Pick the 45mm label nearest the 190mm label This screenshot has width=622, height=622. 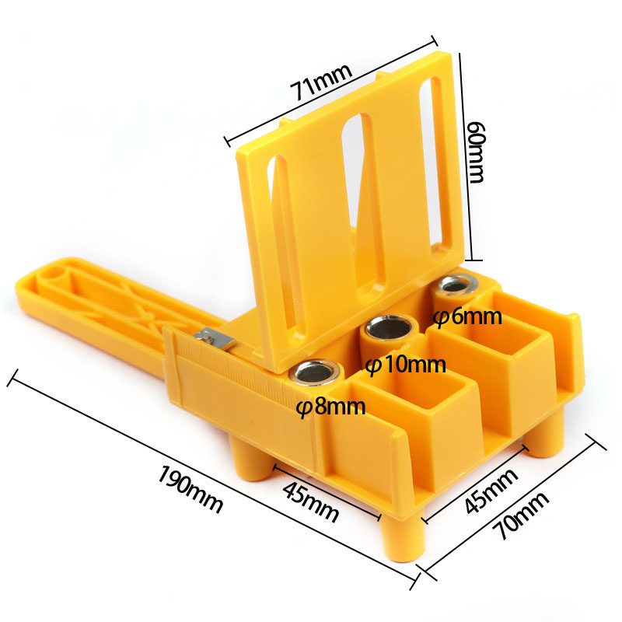click(x=310, y=501)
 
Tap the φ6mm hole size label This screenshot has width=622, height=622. click(x=467, y=317)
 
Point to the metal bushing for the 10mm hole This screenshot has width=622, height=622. click(x=386, y=329)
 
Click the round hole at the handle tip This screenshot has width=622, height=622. click(x=51, y=274)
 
